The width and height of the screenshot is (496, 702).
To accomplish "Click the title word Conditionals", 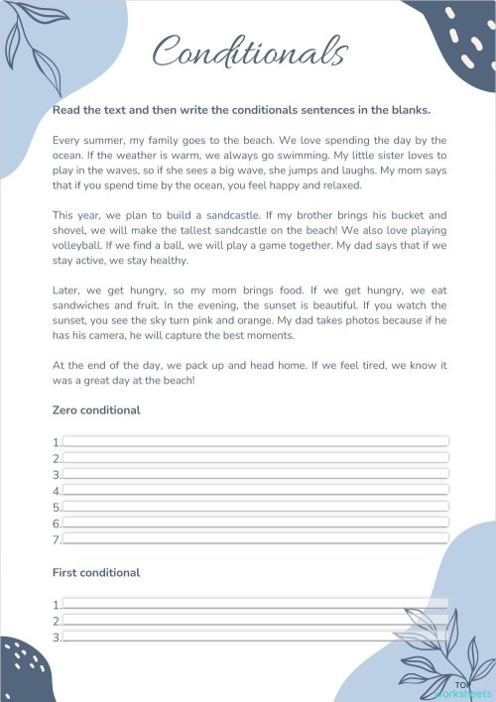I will click(251, 51).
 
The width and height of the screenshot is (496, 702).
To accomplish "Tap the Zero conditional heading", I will click(96, 409).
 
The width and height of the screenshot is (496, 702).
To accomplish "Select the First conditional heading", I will click(96, 572).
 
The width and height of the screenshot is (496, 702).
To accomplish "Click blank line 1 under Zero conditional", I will click(255, 441).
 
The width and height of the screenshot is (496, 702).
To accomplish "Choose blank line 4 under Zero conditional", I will click(255, 490).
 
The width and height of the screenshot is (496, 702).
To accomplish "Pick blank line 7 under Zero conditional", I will click(255, 539).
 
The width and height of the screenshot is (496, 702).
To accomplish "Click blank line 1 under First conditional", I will click(255, 604).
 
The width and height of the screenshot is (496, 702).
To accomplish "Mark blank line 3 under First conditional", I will click(255, 637).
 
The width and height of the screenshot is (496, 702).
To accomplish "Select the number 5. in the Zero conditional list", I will click(57, 507).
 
